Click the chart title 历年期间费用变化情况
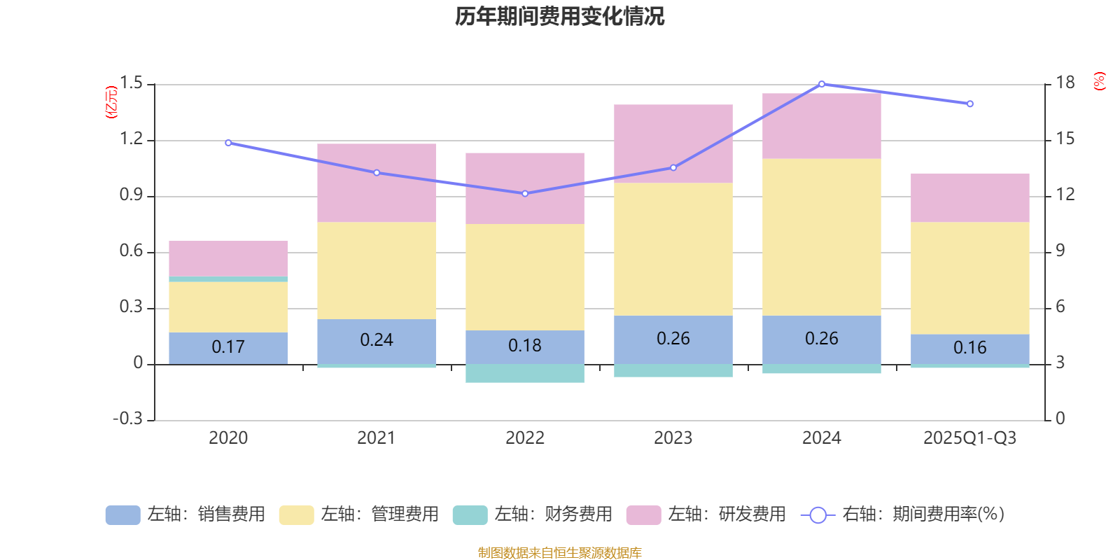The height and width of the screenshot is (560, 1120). pyautogui.click(x=559, y=16)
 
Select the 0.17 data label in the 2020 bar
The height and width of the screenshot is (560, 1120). pyautogui.click(x=228, y=346)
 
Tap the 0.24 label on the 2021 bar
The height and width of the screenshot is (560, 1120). pyautogui.click(x=377, y=339)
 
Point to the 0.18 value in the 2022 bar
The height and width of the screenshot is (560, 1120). pyautogui.click(x=525, y=345)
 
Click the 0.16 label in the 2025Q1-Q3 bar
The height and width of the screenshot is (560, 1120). pyautogui.click(x=969, y=347)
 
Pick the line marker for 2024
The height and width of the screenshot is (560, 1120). pyautogui.click(x=822, y=84)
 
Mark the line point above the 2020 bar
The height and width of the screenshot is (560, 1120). pyautogui.click(x=228, y=143)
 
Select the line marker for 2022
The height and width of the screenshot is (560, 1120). pyautogui.click(x=525, y=193)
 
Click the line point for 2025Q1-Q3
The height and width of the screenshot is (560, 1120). pyautogui.click(x=969, y=104)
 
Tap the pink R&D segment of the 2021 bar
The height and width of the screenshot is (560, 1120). pyautogui.click(x=377, y=183)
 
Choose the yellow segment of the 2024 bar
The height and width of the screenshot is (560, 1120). pyautogui.click(x=822, y=237)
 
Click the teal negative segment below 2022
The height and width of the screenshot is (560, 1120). pyautogui.click(x=525, y=373)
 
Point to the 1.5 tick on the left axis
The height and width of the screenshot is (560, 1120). pyautogui.click(x=131, y=83)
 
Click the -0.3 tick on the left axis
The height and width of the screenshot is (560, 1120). pyautogui.click(x=127, y=419)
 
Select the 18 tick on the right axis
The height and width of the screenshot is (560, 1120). pyautogui.click(x=1065, y=83)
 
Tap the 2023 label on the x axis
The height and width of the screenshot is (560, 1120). pyautogui.click(x=673, y=438)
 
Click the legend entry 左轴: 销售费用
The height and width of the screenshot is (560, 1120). pyautogui.click(x=185, y=514)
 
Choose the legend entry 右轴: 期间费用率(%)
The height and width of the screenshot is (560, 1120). pyautogui.click(x=903, y=514)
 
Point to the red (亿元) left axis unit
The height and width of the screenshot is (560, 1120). pyautogui.click(x=111, y=102)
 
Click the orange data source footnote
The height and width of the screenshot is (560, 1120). pyautogui.click(x=559, y=553)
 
